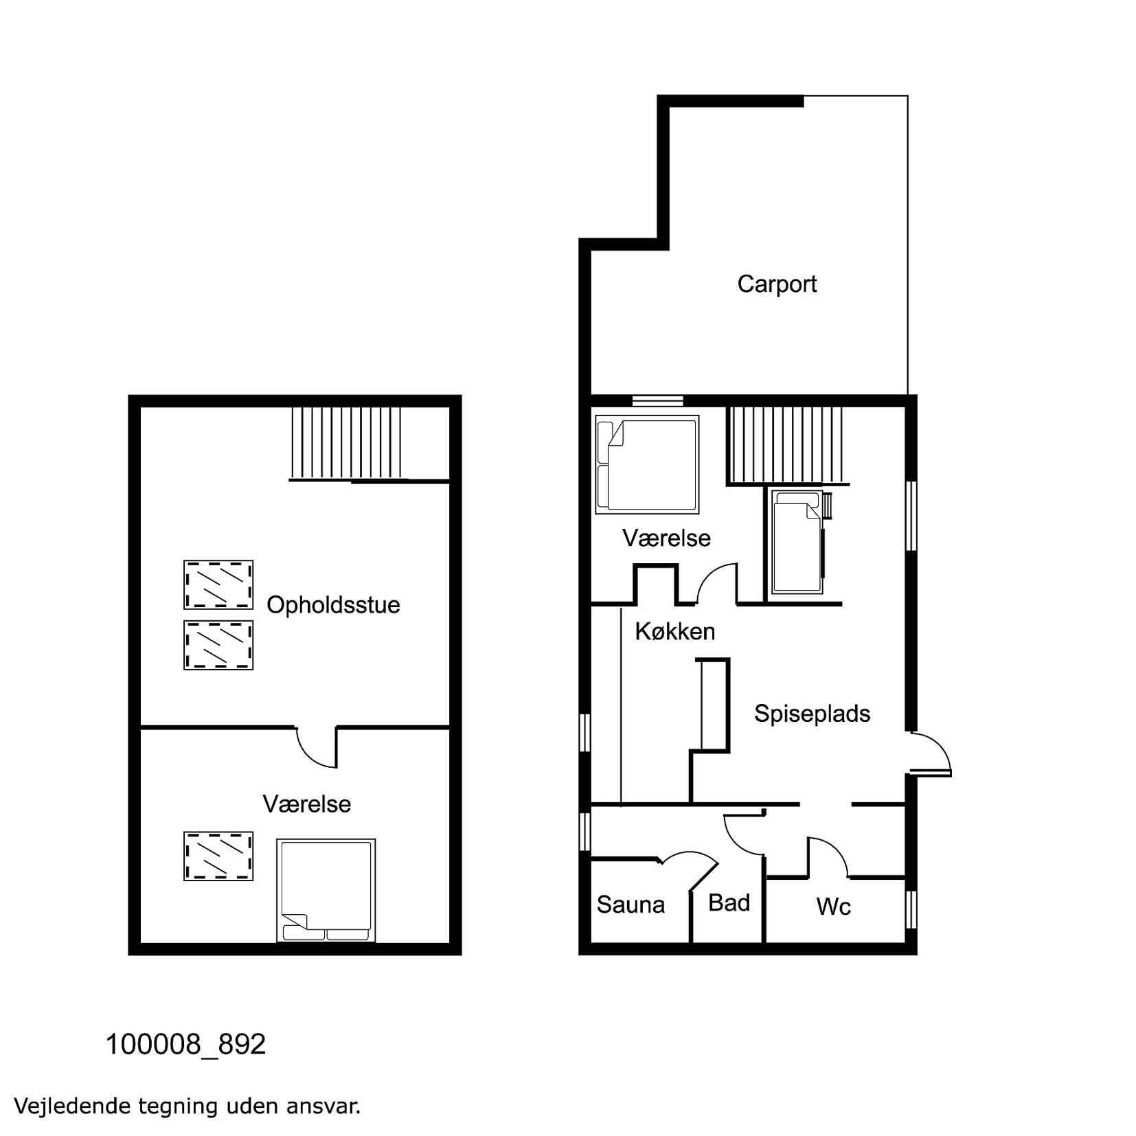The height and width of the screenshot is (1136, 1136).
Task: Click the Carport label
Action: click(777, 284)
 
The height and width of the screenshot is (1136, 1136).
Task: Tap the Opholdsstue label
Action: click(333, 605)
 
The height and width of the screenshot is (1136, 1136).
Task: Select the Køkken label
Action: click(675, 631)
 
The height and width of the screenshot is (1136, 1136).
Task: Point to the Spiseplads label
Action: click(812, 714)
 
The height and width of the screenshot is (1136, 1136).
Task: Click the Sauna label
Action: click(631, 905)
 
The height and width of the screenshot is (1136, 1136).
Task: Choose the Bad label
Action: click(729, 902)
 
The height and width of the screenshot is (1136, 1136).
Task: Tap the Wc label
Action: click(834, 907)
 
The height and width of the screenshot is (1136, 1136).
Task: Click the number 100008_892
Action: click(185, 1045)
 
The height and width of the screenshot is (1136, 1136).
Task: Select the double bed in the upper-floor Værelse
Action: click(326, 890)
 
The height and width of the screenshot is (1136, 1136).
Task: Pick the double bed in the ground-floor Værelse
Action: click(647, 464)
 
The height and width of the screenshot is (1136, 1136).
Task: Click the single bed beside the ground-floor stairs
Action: click(797, 542)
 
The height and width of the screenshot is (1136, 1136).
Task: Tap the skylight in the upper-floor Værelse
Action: click(218, 856)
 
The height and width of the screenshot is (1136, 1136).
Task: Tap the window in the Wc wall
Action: click(911, 910)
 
